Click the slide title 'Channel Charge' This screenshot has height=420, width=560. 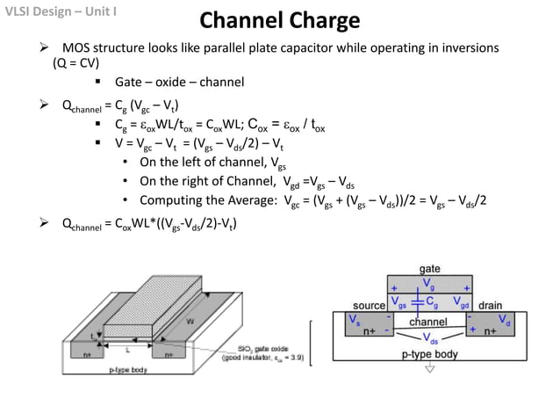pyautogui.click(x=279, y=21)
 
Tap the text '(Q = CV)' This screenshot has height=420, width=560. pyautogui.click(x=76, y=63)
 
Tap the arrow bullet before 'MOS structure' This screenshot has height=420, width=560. pyautogui.click(x=38, y=47)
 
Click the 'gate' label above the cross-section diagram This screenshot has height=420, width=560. pyautogui.click(x=429, y=269)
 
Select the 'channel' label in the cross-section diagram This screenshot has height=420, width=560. pyautogui.click(x=428, y=322)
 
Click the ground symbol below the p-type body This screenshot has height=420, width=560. pyautogui.click(x=429, y=369)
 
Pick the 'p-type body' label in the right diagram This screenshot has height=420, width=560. pyautogui.click(x=429, y=354)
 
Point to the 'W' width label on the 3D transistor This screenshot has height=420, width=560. pyautogui.click(x=190, y=322)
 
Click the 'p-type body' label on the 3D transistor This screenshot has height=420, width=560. pyautogui.click(x=126, y=371)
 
